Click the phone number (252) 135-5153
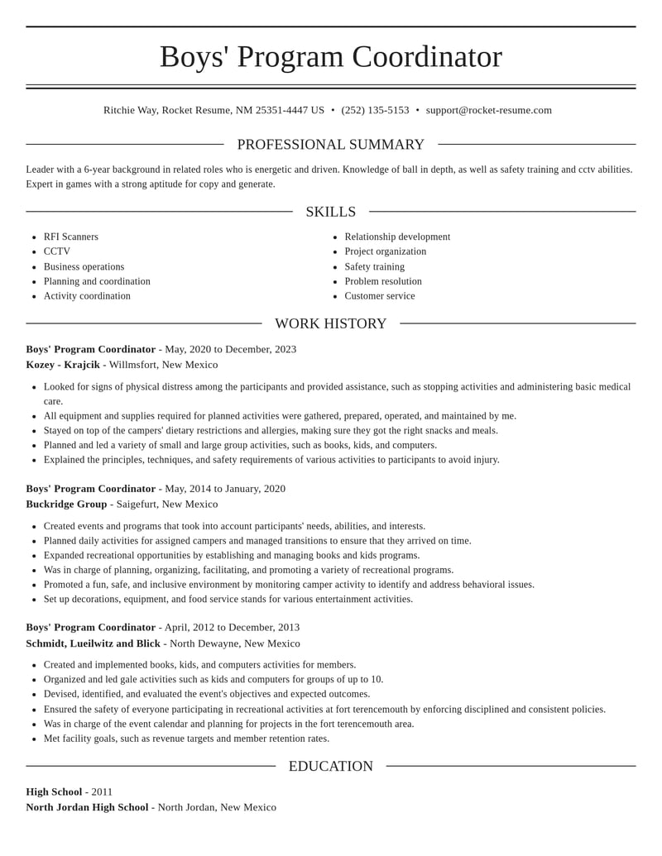[375, 110]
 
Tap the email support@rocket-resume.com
[488, 110]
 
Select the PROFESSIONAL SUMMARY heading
[331, 145]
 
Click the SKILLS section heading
[331, 212]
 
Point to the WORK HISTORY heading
[331, 323]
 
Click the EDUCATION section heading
[331, 766]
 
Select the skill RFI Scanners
[71, 237]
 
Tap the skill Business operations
[84, 266]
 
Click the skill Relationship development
[397, 237]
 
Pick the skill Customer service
[380, 295]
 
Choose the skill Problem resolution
[383, 281]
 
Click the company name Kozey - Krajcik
[63, 365]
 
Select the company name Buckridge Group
[66, 504]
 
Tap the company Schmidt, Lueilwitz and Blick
[93, 643]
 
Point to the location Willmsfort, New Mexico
[164, 365]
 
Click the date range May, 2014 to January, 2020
[225, 489]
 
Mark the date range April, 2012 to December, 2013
[232, 627]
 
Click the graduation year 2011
[102, 791]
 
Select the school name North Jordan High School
[87, 807]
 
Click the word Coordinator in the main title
[427, 56]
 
